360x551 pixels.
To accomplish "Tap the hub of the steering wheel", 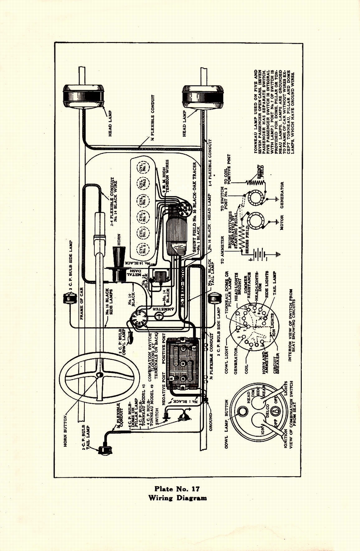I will [100, 375].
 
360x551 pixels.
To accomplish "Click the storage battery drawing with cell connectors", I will [183, 362].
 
